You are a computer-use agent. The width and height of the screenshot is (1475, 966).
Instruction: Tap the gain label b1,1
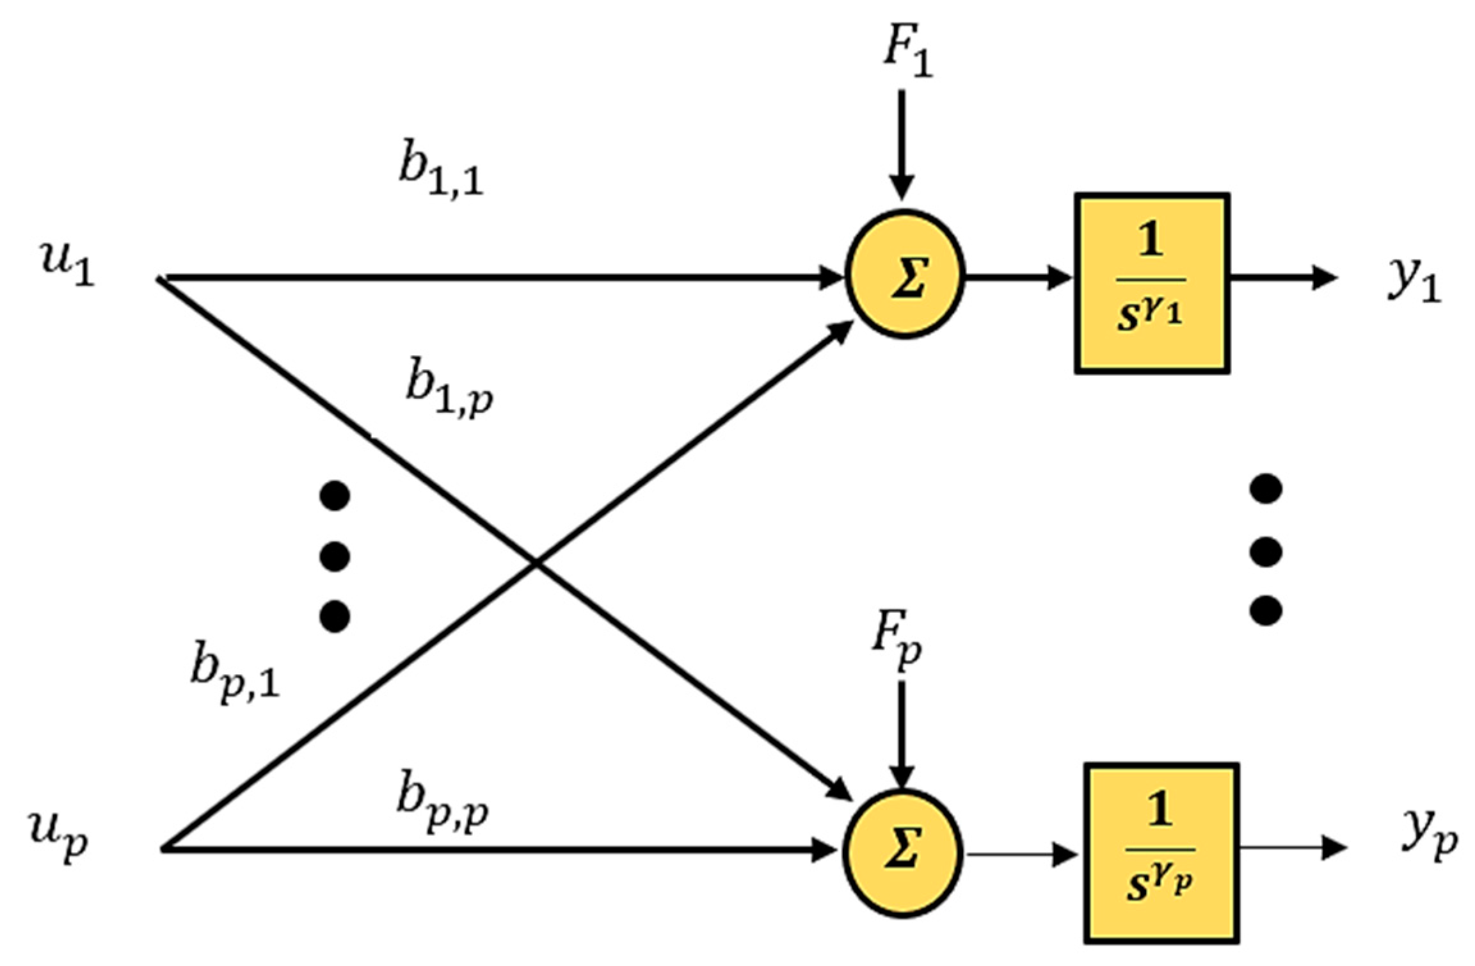click(441, 172)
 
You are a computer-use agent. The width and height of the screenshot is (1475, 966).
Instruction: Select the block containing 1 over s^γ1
click(1151, 283)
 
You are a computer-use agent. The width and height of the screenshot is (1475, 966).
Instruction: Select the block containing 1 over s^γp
click(1161, 853)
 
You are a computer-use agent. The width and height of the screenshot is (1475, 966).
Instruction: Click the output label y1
click(1414, 282)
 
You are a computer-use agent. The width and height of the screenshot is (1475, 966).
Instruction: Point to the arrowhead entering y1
click(1325, 277)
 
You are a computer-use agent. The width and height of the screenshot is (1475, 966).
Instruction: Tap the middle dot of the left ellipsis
click(335, 556)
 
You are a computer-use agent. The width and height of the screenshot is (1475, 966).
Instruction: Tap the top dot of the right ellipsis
click(1266, 489)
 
